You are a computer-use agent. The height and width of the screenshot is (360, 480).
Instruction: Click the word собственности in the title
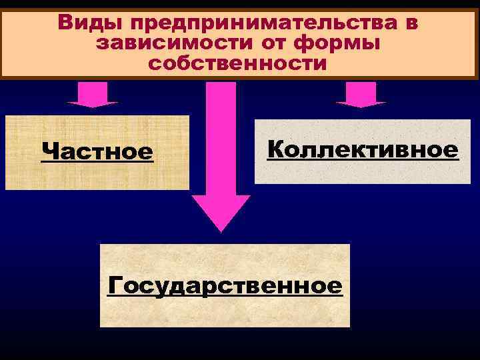point(238,64)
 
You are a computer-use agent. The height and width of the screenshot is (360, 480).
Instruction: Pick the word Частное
point(97,152)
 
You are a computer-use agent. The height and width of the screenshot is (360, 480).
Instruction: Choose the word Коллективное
point(363,149)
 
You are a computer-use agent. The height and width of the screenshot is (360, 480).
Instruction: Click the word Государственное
point(225,286)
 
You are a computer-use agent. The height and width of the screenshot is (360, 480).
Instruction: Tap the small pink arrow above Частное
point(92,94)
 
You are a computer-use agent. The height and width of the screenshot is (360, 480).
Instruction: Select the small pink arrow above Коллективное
point(361,94)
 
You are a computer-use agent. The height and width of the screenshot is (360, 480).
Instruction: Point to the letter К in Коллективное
point(276,149)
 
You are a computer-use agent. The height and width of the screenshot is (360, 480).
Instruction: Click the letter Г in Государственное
point(115,286)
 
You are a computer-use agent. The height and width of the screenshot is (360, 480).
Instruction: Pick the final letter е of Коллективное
point(451,150)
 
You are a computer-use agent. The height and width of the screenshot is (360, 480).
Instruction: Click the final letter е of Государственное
point(335,287)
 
